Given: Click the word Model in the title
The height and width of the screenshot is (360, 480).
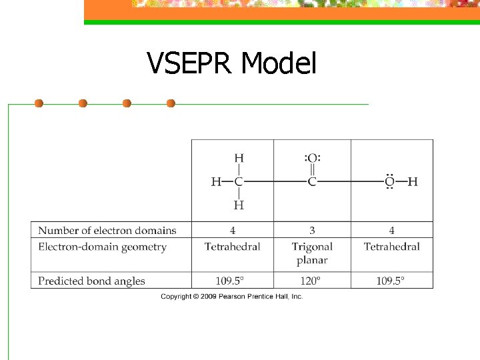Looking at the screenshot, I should tap(278, 64).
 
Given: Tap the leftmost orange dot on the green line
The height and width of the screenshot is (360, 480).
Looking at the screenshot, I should tap(39, 103).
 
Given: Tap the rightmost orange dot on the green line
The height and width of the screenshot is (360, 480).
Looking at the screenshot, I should tap(171, 103).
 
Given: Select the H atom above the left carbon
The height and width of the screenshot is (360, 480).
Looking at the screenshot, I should tap(239, 158).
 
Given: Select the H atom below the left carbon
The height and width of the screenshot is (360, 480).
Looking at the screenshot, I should tap(239, 205).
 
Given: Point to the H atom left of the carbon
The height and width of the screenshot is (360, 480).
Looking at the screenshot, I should tap(217, 181).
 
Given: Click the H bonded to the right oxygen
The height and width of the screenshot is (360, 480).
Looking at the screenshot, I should tap(413, 181).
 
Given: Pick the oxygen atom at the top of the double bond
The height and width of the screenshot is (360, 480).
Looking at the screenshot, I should tap(312, 158).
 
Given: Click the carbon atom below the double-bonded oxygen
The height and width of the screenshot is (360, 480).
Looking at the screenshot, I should tap(312, 181).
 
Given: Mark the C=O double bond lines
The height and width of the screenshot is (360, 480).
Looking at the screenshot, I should tap(312, 170).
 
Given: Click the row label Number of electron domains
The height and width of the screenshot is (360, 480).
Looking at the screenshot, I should tap(107, 231).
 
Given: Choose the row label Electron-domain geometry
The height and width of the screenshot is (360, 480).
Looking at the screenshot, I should tap(102, 247).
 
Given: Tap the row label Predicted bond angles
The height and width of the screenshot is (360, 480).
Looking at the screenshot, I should tap(91, 281).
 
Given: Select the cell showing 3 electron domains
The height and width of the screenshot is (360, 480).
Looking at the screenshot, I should tap(312, 231).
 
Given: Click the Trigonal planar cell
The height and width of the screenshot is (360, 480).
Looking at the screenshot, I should tap(312, 253).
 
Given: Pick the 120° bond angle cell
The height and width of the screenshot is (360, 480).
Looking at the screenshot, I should tap(312, 281).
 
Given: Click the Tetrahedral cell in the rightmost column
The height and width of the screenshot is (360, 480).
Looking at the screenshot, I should tap(391, 247).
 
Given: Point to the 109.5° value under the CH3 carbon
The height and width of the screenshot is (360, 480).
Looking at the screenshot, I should tap(232, 281).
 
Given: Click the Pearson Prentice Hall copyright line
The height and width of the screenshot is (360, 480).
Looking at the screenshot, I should tap(231, 296).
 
